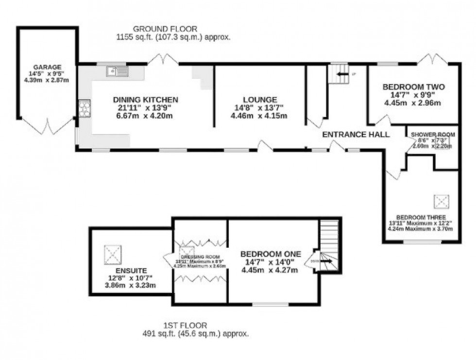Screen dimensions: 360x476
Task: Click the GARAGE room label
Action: tap(47, 67)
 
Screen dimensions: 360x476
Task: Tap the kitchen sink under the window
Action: tap(117, 72)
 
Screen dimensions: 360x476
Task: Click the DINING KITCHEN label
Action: tap(142, 100)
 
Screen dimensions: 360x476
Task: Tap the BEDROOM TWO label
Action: tap(413, 87)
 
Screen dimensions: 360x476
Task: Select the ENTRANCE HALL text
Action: tap(356, 135)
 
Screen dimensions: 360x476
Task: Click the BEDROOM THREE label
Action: tap(421, 217)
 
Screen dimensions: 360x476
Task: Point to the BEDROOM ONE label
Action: tap(271, 254)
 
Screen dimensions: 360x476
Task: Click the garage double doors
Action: tap(48, 126)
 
